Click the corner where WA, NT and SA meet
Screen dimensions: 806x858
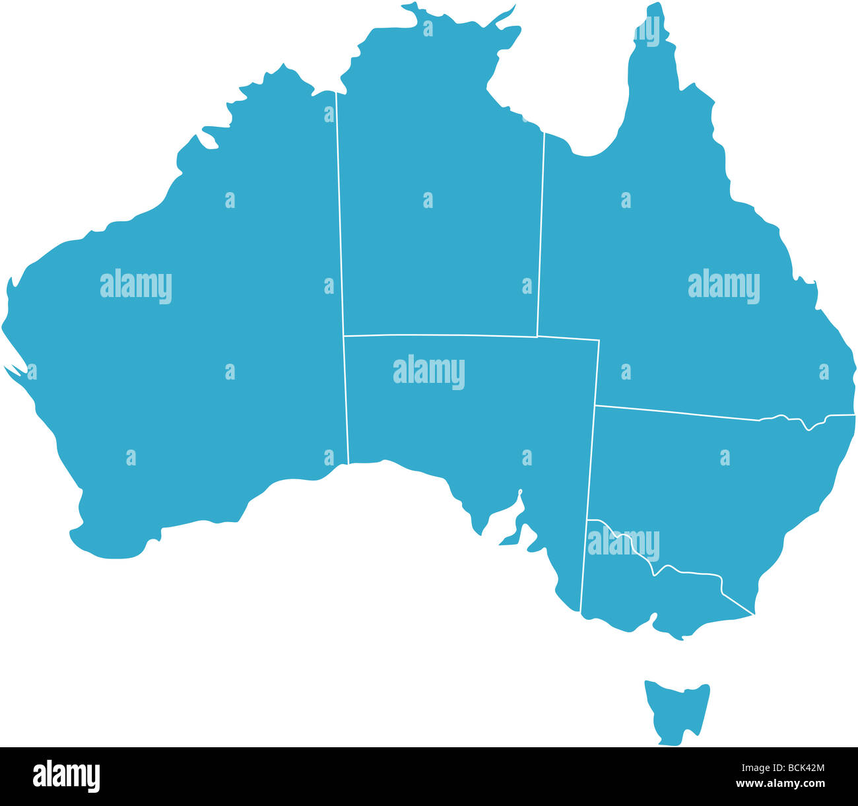click(x=344, y=336)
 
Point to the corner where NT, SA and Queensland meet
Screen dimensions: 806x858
click(x=537, y=337)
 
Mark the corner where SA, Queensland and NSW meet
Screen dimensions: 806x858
click(x=596, y=405)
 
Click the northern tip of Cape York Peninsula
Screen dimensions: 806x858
click(x=655, y=5)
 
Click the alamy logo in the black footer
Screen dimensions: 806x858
click(x=67, y=776)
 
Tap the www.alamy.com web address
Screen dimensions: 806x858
click(x=780, y=784)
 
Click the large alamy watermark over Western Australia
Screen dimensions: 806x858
click(x=136, y=286)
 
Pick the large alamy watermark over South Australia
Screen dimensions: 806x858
click(x=429, y=372)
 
